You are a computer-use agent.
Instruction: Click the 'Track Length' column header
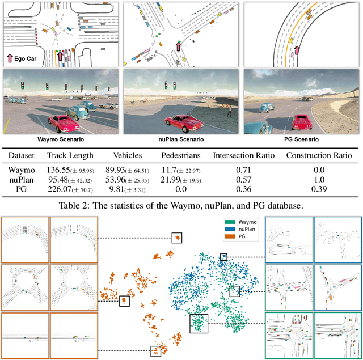tap(70, 155)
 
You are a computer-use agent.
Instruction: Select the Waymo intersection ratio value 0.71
tap(243, 170)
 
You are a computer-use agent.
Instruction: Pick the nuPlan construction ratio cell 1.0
tap(319, 180)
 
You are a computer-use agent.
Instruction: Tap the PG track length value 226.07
tap(60, 189)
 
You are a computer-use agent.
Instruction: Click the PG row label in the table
tap(22, 189)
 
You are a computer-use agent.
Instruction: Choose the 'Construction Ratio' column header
tap(319, 155)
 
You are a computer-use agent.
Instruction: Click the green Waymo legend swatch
tap(230, 222)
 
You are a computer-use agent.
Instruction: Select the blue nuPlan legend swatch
tap(230, 229)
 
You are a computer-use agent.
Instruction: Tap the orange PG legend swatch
tap(230, 236)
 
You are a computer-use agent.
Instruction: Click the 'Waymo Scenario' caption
tap(61, 139)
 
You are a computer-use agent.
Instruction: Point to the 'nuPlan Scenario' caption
tap(181, 139)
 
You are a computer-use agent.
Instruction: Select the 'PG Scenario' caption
tap(301, 139)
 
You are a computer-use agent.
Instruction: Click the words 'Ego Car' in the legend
tap(25, 58)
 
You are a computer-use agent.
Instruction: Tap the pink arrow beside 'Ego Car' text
tap(10, 58)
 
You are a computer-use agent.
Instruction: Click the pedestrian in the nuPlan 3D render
tap(230, 111)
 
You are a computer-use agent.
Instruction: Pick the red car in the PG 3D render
tap(301, 122)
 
